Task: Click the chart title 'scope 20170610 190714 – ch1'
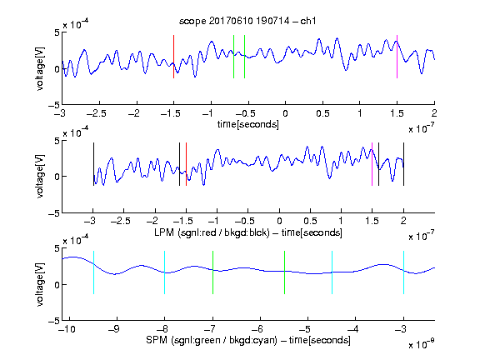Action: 247,21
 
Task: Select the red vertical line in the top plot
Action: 173,57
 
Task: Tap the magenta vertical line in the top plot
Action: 397,57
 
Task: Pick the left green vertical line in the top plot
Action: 233,57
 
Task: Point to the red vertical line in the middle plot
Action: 186,164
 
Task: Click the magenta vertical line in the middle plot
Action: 372,164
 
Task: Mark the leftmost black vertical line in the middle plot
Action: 93,164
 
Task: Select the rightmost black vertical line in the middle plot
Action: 403,164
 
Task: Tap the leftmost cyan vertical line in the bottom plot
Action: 93,272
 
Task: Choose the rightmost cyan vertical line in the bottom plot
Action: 403,272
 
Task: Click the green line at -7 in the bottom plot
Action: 212,272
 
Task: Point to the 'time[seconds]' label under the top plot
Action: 248,124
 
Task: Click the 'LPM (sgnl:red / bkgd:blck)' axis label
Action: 212,232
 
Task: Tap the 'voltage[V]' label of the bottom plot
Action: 40,284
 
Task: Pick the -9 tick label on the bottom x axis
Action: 114,329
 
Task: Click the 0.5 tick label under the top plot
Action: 322,113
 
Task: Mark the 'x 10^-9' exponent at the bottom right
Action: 422,344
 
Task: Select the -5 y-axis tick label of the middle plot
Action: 54,213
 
